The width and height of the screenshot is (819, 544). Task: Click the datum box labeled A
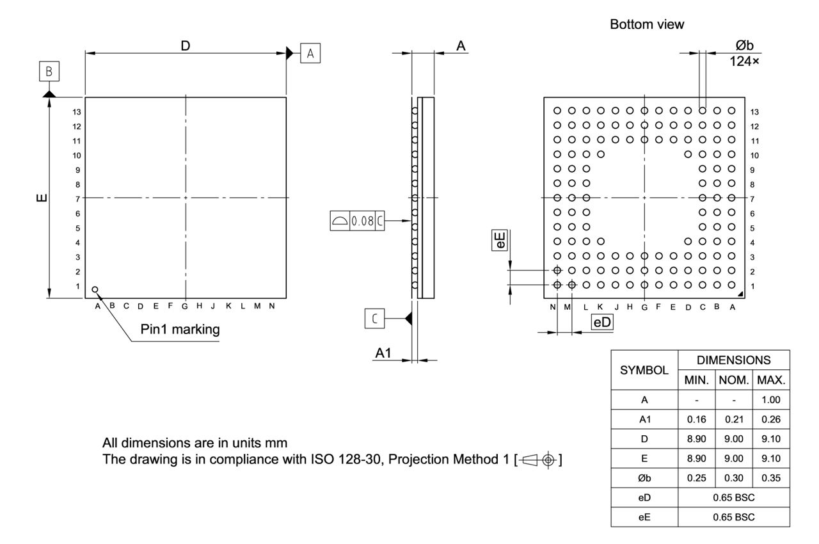click(x=310, y=53)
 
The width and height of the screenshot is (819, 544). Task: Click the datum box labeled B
click(x=49, y=71)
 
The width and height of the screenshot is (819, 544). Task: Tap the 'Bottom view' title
click(x=648, y=25)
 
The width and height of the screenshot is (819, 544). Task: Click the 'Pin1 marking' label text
click(x=180, y=330)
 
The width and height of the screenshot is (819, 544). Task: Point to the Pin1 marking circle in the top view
click(x=95, y=289)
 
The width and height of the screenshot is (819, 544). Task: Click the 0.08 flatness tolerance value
click(x=362, y=221)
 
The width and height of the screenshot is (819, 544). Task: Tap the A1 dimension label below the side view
click(x=384, y=353)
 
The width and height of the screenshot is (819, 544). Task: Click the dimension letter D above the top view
click(x=186, y=45)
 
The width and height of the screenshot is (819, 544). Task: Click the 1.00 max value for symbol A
click(x=772, y=400)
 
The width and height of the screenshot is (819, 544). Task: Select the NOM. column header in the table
click(x=734, y=380)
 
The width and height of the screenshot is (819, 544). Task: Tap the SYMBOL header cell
click(x=644, y=369)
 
